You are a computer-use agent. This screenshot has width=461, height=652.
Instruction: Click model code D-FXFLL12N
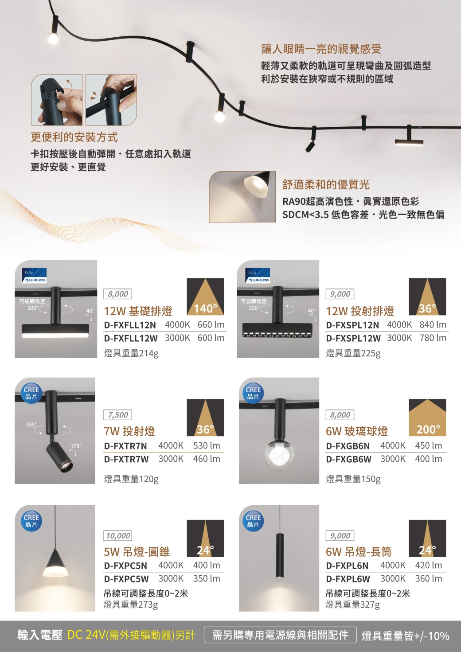click(130, 325)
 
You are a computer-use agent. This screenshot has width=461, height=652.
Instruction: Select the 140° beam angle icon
click(206, 297)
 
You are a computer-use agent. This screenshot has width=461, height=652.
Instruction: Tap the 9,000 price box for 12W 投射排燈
click(340, 294)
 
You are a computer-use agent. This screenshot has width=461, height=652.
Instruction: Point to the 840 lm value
click(433, 324)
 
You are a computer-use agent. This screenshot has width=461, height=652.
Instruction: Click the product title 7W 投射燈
click(129, 431)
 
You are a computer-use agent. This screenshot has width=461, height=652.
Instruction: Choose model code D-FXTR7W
click(126, 459)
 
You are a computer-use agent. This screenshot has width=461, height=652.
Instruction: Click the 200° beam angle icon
click(427, 418)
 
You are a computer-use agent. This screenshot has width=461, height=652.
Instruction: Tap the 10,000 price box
click(118, 535)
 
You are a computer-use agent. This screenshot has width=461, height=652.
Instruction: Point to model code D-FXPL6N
click(347, 566)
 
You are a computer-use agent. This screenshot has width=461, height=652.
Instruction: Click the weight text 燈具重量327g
click(353, 605)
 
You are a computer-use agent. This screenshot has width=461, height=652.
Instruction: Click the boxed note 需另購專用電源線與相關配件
click(280, 635)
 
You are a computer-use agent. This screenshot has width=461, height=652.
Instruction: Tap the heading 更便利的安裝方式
click(74, 137)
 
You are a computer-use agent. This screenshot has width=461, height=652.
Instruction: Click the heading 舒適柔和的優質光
click(326, 184)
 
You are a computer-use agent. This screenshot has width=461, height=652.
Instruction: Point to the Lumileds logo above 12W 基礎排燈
click(34, 275)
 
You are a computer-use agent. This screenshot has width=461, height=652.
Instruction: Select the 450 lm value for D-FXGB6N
click(428, 445)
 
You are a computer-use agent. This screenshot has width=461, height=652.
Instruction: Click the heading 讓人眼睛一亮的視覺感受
click(321, 49)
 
